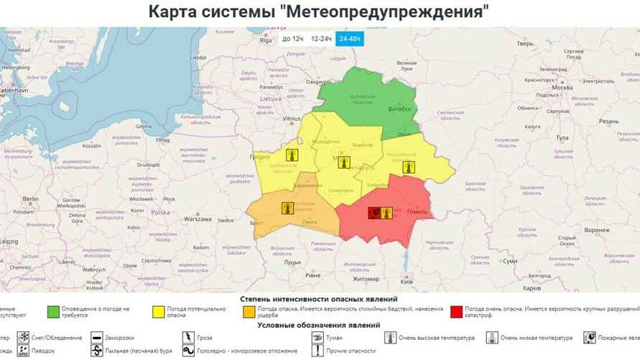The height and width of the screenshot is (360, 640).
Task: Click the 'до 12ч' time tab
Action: pyautogui.click(x=292, y=38)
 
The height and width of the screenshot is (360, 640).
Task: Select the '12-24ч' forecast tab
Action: pyautogui.click(x=321, y=38)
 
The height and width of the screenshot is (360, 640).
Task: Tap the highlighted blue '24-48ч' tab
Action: pyautogui.click(x=351, y=38)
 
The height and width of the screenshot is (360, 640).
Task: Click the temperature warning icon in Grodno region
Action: pyautogui.click(x=292, y=154)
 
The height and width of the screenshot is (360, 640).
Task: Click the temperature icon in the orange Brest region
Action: pyautogui.click(x=287, y=208)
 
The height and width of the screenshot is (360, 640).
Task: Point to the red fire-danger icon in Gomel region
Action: pyautogui.click(x=374, y=212)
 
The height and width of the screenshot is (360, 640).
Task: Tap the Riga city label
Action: pyautogui.click(x=266, y=41)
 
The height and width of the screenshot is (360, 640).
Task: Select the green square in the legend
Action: pyautogui.click(x=54, y=311)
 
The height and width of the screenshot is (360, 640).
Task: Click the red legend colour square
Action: pyautogui.click(x=456, y=311)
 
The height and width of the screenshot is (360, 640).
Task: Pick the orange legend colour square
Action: pyautogui.click(x=249, y=311)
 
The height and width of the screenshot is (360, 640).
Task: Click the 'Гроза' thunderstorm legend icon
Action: pyautogui.click(x=189, y=337)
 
